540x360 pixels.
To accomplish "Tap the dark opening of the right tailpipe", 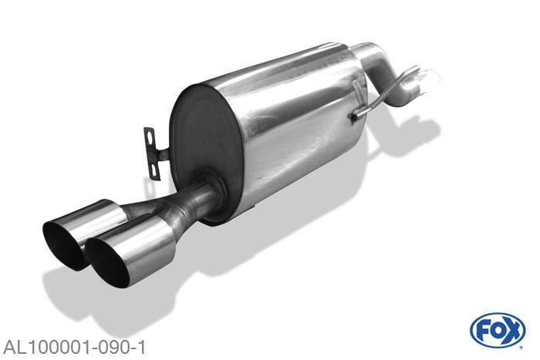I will pos(108,258).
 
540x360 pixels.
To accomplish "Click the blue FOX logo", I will pos(498,330).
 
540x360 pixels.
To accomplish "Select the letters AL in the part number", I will pos(13,344).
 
